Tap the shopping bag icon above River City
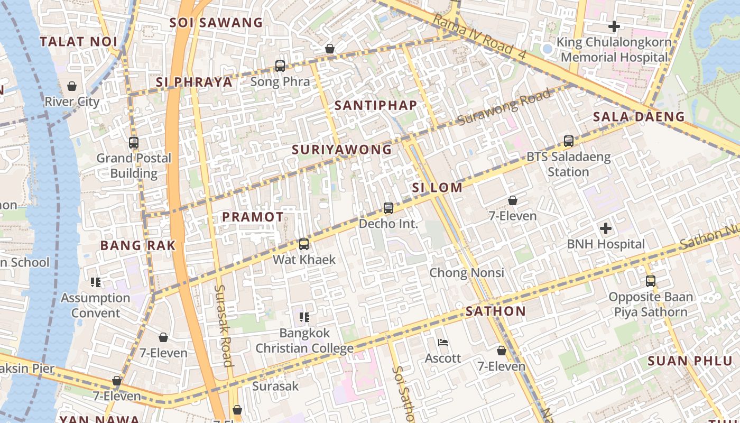click(72, 86)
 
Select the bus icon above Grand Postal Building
click(134, 142)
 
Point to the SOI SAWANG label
click(216, 23)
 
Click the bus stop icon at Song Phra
click(280, 66)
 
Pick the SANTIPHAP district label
click(376, 105)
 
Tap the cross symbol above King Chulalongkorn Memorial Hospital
click(614, 26)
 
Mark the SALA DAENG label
click(639, 117)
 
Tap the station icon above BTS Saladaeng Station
click(569, 141)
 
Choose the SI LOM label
click(437, 188)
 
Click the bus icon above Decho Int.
click(388, 208)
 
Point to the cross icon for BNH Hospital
click(606, 228)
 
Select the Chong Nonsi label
click(467, 273)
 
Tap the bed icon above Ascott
click(443, 343)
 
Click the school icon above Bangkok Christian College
click(304, 317)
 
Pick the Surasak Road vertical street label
click(224, 325)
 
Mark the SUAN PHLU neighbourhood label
click(690, 361)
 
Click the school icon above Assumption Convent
click(96, 282)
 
